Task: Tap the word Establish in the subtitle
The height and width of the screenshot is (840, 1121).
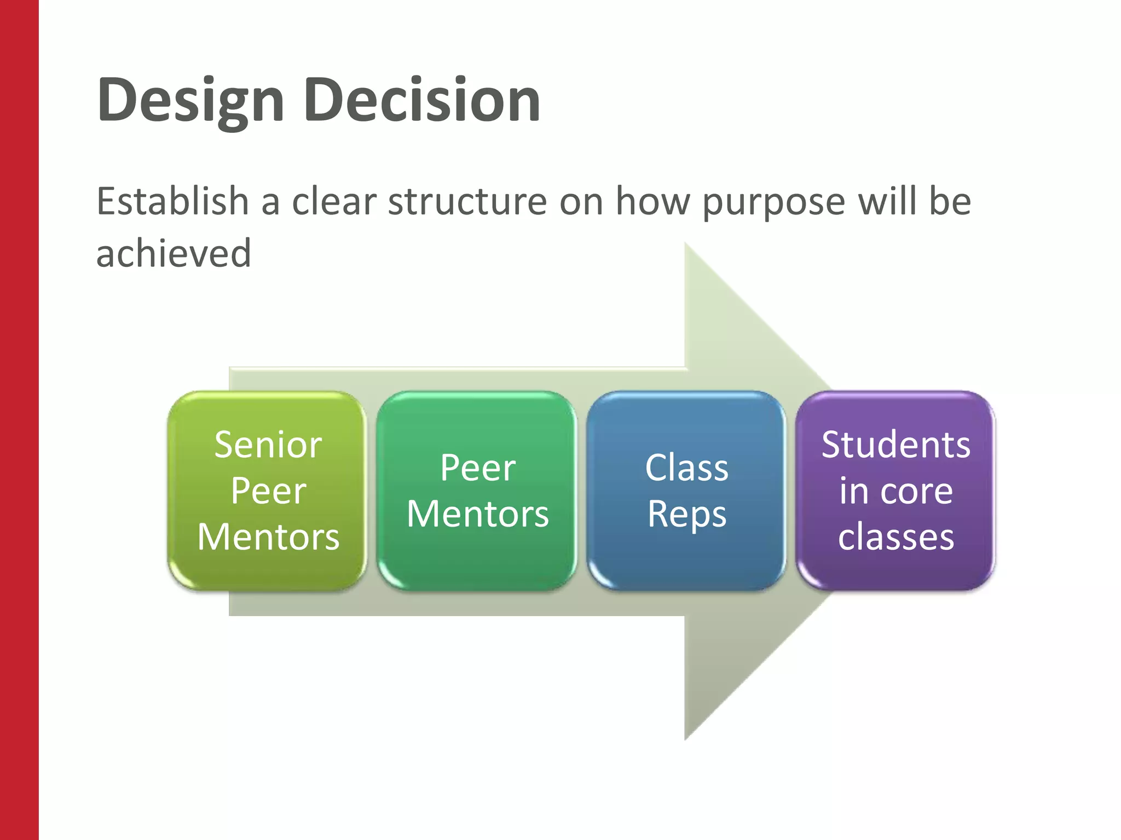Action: (x=172, y=201)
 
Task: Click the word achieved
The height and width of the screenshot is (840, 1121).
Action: (x=174, y=253)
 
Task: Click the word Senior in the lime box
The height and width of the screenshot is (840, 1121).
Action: (x=268, y=445)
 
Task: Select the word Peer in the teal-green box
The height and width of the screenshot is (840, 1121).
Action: (x=477, y=468)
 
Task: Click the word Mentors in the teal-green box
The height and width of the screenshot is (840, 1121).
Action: (x=477, y=514)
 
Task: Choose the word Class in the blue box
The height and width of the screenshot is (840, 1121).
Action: (x=686, y=468)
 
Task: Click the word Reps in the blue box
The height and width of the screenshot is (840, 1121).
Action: (x=686, y=515)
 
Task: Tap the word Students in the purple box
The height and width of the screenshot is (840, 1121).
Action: (x=895, y=445)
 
